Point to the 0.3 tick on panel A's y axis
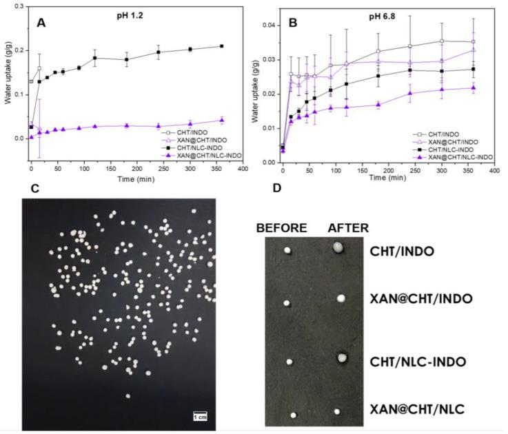click(19, 6)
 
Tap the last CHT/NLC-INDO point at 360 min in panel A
click(222, 46)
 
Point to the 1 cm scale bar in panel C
click(199, 415)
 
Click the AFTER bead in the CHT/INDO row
click(338, 248)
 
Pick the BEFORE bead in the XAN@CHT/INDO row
click(286, 303)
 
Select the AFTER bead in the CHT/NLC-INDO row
click(340, 358)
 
